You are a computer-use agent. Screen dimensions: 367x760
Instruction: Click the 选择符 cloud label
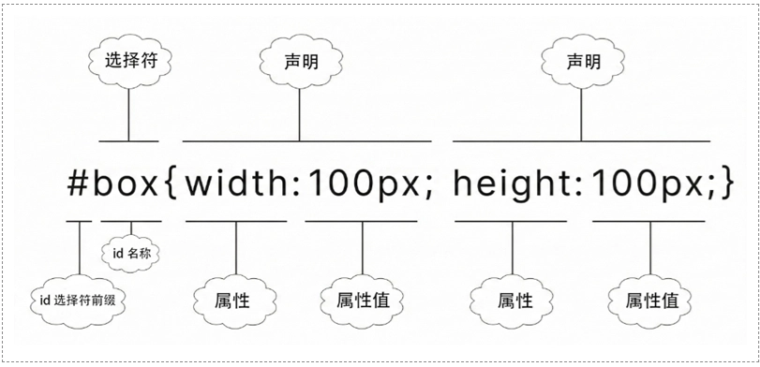click(x=128, y=61)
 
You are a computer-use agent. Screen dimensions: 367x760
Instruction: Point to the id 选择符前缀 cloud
click(x=79, y=300)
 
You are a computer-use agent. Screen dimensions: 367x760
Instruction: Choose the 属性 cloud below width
click(x=235, y=301)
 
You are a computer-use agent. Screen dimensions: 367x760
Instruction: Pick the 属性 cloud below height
click(x=512, y=301)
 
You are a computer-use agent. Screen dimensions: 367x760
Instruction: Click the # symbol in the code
click(x=79, y=183)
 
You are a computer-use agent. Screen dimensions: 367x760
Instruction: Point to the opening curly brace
click(x=170, y=184)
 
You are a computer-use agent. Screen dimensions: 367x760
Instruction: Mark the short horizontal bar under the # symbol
click(x=79, y=222)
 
